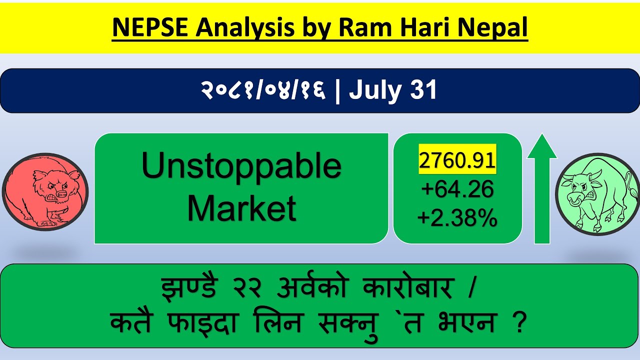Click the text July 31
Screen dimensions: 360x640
coord(393,90)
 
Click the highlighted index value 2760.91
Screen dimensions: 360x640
coord(457,160)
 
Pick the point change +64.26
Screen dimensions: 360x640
coord(457,189)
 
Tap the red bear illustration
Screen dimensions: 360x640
coord(45,192)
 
